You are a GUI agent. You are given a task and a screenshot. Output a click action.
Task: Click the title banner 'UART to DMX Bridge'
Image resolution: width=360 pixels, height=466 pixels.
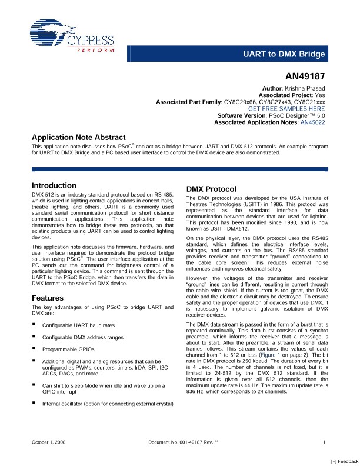[x=284, y=55]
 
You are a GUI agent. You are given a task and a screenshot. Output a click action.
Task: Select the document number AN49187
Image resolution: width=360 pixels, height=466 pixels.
[x=305, y=76]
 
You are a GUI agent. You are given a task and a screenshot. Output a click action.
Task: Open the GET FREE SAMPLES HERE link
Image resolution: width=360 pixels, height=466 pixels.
[x=287, y=109]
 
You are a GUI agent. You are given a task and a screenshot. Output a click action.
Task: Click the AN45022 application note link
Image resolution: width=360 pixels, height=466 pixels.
[x=312, y=122]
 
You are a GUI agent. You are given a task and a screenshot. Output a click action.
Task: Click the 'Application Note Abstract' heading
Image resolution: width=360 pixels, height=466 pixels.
[x=78, y=137]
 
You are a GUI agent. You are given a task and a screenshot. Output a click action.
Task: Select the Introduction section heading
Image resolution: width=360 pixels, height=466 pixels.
[x=54, y=185]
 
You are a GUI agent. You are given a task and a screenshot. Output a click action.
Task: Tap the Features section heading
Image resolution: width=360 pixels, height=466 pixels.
[x=48, y=298]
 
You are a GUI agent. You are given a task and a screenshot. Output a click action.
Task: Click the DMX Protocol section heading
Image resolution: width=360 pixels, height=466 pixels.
[x=211, y=189]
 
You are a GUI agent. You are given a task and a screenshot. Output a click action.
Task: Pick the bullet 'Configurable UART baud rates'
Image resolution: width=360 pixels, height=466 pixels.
[x=78, y=325]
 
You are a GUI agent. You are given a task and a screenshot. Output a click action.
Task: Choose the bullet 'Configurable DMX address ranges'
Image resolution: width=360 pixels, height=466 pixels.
[x=83, y=337]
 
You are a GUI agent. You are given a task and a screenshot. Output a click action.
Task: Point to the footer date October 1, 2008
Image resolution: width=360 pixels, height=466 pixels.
[x=48, y=441]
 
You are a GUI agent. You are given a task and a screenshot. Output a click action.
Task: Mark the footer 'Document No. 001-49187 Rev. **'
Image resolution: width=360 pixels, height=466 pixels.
[x=184, y=441]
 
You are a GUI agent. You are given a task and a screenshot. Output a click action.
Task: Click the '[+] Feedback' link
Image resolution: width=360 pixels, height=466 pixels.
[x=344, y=462]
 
